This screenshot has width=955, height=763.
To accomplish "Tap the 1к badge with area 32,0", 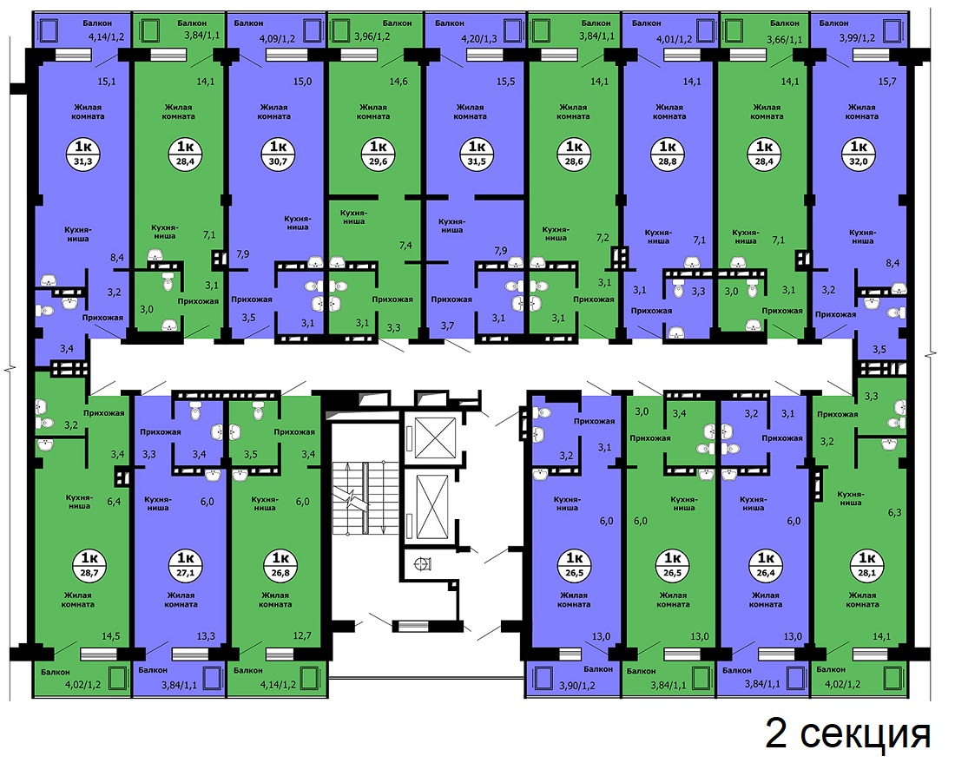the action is (859, 154).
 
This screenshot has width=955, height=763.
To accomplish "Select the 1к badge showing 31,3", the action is (83, 154).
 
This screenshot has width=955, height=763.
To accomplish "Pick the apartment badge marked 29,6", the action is (379, 154).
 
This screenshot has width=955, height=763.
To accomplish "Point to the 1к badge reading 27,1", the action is (185, 564).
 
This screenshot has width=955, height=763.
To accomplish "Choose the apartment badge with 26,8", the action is (280, 564).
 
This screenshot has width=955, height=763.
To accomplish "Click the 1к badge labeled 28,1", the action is (866, 564).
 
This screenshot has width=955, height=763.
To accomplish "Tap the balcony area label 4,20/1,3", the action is (480, 38).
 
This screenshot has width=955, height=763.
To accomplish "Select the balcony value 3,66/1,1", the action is (785, 41).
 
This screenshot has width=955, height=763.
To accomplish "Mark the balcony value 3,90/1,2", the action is (577, 686).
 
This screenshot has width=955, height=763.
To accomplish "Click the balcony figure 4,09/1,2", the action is (277, 38).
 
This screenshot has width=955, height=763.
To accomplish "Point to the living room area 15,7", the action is (887, 82).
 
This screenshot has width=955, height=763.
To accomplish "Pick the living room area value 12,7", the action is (302, 635).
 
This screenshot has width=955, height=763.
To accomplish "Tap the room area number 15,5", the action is (505, 81).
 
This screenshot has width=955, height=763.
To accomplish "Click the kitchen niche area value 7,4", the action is (405, 245).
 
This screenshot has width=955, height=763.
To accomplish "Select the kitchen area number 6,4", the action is (114, 502).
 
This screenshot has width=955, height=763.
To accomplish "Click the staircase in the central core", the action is (366, 499).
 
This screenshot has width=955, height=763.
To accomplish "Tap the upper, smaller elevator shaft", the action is (435, 437).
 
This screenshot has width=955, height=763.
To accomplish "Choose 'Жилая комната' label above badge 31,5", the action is (471, 111).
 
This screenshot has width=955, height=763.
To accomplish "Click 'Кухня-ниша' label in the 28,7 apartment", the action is (79, 502).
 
